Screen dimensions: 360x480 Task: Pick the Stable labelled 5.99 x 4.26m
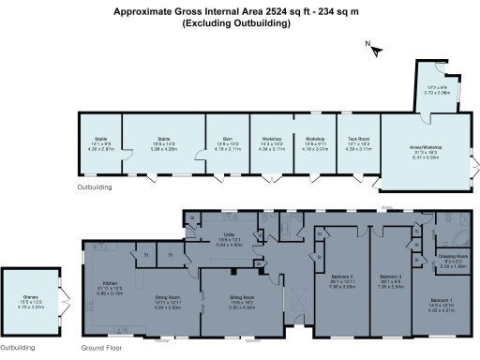[162, 138]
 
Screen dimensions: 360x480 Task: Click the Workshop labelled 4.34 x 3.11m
[271, 138]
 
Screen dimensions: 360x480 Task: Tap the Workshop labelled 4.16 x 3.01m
[313, 138]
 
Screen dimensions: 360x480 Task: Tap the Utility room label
[230, 234]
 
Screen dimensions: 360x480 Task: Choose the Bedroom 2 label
[341, 277]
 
